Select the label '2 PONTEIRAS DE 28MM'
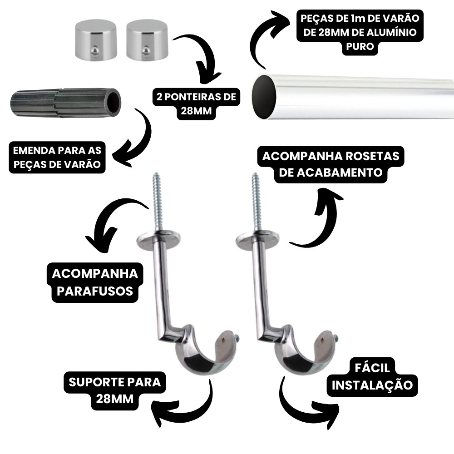(196, 104)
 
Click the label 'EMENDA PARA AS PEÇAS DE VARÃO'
(57, 157)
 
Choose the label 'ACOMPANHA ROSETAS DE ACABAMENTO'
(331, 164)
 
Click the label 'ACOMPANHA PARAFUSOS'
(95, 282)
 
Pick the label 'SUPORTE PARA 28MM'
(115, 390)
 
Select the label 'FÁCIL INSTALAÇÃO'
(372, 377)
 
